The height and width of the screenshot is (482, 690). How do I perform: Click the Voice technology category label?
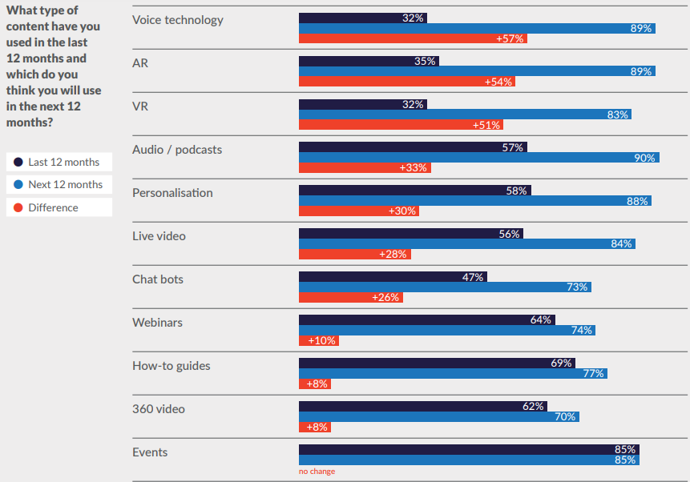[177, 19]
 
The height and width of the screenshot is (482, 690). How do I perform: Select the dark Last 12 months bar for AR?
[368, 61]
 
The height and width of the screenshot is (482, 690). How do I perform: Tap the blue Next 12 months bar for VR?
[464, 114]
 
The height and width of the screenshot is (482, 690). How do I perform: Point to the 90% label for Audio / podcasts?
[645, 158]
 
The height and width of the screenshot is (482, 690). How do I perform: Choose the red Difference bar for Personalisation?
[358, 211]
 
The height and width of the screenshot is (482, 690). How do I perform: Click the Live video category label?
[159, 236]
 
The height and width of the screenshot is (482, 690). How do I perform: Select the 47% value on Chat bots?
[473, 277]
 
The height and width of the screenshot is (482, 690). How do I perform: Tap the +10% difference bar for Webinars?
[318, 340]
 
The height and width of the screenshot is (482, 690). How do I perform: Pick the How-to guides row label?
[171, 366]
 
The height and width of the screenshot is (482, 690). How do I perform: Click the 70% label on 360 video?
[566, 416]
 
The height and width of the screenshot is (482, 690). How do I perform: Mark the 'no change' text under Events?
[317, 472]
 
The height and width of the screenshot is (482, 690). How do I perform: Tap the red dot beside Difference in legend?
[18, 207]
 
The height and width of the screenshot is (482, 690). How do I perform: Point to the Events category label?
[150, 452]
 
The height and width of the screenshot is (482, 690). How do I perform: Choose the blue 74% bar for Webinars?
[446, 330]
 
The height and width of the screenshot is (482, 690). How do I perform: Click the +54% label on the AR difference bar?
[499, 82]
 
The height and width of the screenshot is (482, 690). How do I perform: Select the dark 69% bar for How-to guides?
[436, 363]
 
